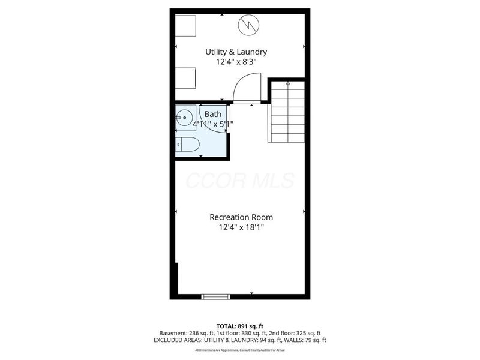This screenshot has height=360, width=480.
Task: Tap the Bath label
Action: (x=212, y=114)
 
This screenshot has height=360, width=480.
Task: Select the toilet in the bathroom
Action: (x=189, y=145)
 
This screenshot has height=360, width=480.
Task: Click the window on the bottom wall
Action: (x=215, y=296)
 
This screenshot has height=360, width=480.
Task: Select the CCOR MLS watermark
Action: (x=240, y=180)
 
